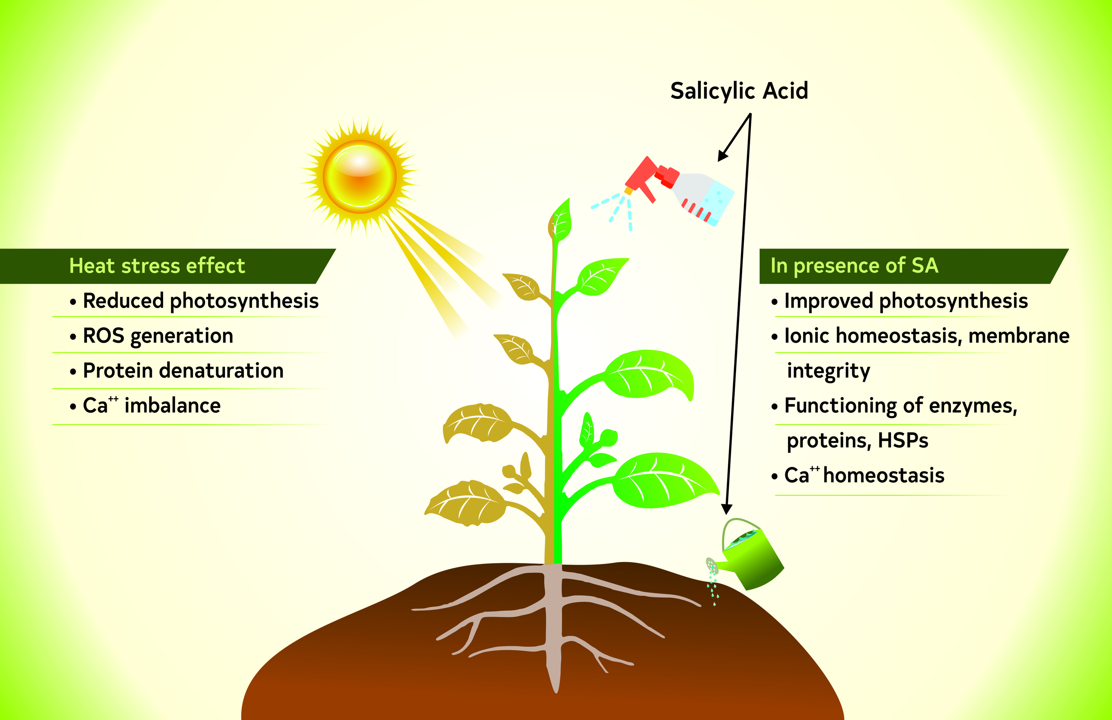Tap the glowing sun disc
[360, 177]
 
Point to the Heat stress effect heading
[157, 266]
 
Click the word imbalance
[172, 406]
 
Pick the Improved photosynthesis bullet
[906, 301]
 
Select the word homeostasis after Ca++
[884, 475]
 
